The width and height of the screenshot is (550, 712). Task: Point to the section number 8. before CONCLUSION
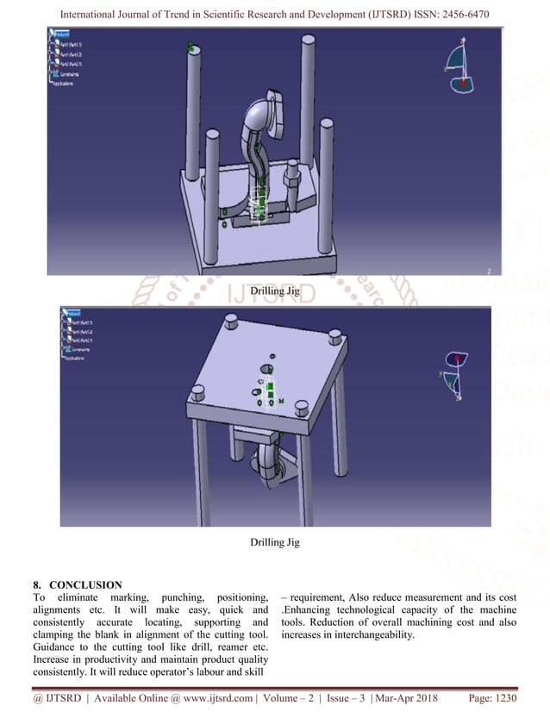point(39,584)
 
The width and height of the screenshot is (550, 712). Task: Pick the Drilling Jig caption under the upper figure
point(274,291)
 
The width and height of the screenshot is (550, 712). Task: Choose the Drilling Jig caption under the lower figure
point(274,542)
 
